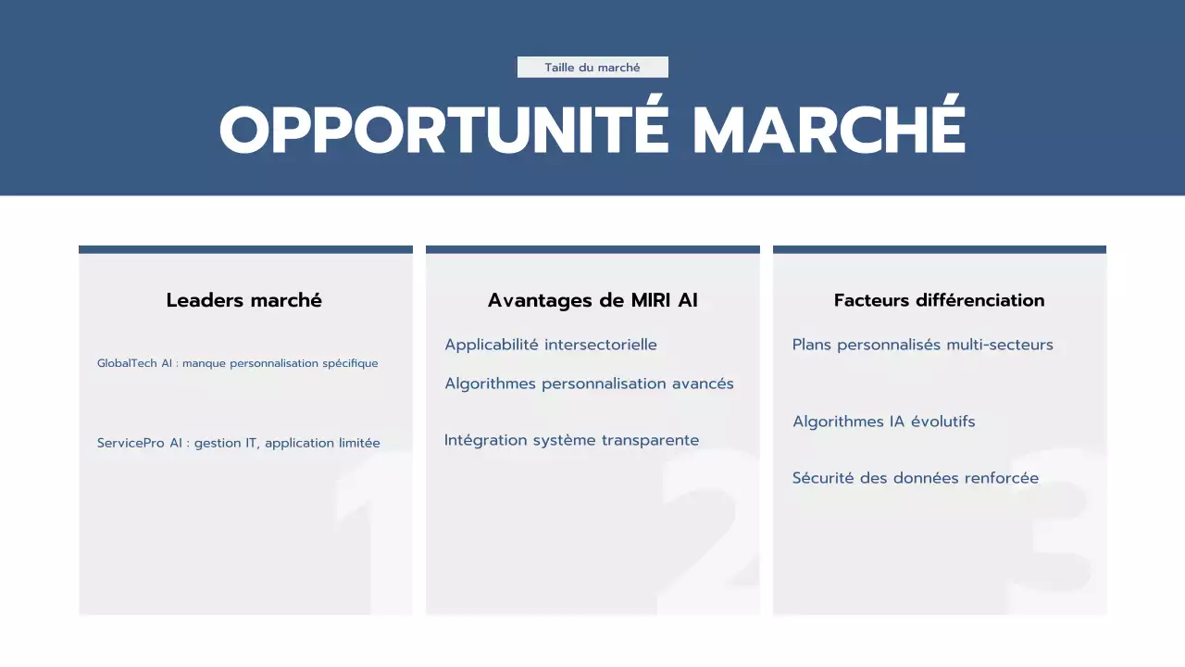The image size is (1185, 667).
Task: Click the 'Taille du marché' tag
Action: pyautogui.click(x=592, y=68)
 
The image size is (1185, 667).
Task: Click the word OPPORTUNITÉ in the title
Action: pyautogui.click(x=443, y=130)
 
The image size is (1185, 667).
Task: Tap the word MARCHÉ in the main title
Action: pyautogui.click(x=829, y=130)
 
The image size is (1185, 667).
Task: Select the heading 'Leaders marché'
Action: pyautogui.click(x=244, y=300)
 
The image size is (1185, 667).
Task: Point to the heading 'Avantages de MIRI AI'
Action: pyautogui.click(x=592, y=300)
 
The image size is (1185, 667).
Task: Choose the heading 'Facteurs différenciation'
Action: pyautogui.click(x=939, y=300)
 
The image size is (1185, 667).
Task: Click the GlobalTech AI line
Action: pyautogui.click(x=237, y=363)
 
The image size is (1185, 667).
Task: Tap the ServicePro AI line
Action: pyautogui.click(x=238, y=443)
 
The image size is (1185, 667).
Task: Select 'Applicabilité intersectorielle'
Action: pyautogui.click(x=551, y=345)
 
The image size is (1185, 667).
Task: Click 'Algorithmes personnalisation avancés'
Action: pyautogui.click(x=589, y=384)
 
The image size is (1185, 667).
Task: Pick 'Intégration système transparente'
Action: pyautogui.click(x=571, y=440)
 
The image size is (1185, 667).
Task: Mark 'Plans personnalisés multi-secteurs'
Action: pyautogui.click(x=922, y=345)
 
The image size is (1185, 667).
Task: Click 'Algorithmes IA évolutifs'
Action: pyautogui.click(x=883, y=422)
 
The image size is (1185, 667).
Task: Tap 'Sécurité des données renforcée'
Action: pyautogui.click(x=915, y=478)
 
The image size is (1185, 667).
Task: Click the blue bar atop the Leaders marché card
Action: pyautogui.click(x=245, y=249)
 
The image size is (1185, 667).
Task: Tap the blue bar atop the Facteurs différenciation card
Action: pyautogui.click(x=939, y=249)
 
